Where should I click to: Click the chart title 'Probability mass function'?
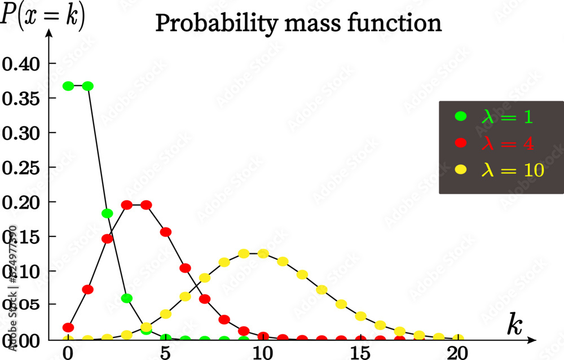[x=298, y=24]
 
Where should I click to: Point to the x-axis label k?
[x=514, y=326]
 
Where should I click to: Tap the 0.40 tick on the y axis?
[x=21, y=64]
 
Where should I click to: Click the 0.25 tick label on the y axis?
[x=21, y=168]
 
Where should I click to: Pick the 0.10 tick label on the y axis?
[x=21, y=271]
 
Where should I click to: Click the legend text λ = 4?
[x=507, y=143]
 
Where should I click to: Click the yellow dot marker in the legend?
[x=461, y=169]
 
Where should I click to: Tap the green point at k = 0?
[x=68, y=86]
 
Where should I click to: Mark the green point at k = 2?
[x=107, y=213]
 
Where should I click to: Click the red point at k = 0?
[x=68, y=327]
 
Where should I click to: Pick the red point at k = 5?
[x=166, y=232]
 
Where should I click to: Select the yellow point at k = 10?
[x=263, y=253]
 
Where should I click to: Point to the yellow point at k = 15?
[x=360, y=317]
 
